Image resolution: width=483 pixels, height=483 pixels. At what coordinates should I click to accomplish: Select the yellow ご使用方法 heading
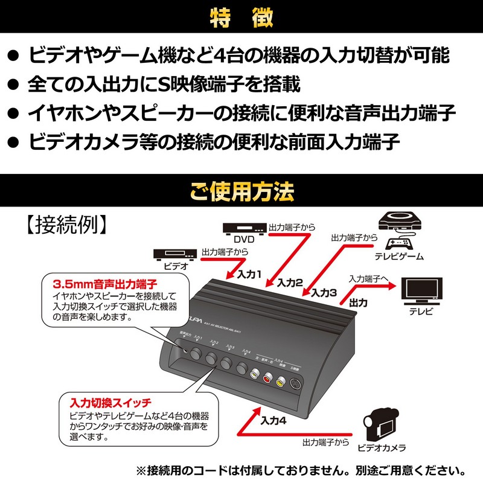[x=241, y=193]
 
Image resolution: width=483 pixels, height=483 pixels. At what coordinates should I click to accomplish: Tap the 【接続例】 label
[x=66, y=225]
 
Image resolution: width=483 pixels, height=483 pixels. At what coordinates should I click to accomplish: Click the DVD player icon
[x=244, y=228]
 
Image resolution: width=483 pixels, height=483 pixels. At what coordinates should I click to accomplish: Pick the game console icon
[x=398, y=232]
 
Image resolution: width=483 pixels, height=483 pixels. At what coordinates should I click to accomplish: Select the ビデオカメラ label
[x=381, y=447]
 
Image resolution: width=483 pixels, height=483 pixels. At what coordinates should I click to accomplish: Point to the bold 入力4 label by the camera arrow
[x=273, y=421]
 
